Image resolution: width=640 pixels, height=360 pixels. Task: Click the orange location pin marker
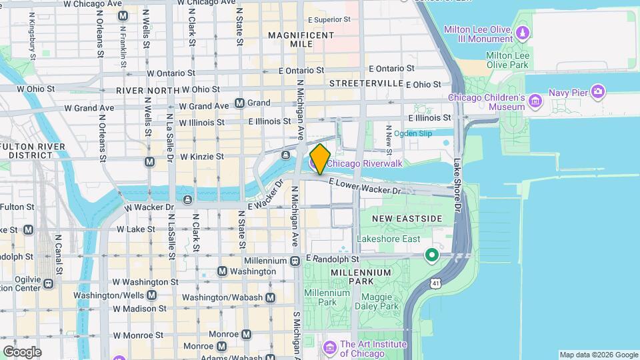320,159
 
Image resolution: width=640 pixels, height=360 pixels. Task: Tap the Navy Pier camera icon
598,91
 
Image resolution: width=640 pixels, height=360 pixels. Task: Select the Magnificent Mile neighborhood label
301,39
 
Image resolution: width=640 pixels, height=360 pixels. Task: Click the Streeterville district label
366,83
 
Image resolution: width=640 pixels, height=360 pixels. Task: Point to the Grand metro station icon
239,103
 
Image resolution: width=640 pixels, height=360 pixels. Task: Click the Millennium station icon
294,261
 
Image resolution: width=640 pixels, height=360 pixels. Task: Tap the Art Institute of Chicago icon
329,347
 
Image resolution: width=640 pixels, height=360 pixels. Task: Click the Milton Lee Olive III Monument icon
523,32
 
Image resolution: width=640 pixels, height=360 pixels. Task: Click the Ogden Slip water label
413,133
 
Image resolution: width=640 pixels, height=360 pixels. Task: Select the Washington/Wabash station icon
270,297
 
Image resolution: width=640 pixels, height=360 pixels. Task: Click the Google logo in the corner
21,352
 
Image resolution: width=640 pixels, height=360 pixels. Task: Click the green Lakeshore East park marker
432,254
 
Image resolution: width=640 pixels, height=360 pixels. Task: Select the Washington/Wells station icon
151,295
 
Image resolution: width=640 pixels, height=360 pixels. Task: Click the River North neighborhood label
147,90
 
